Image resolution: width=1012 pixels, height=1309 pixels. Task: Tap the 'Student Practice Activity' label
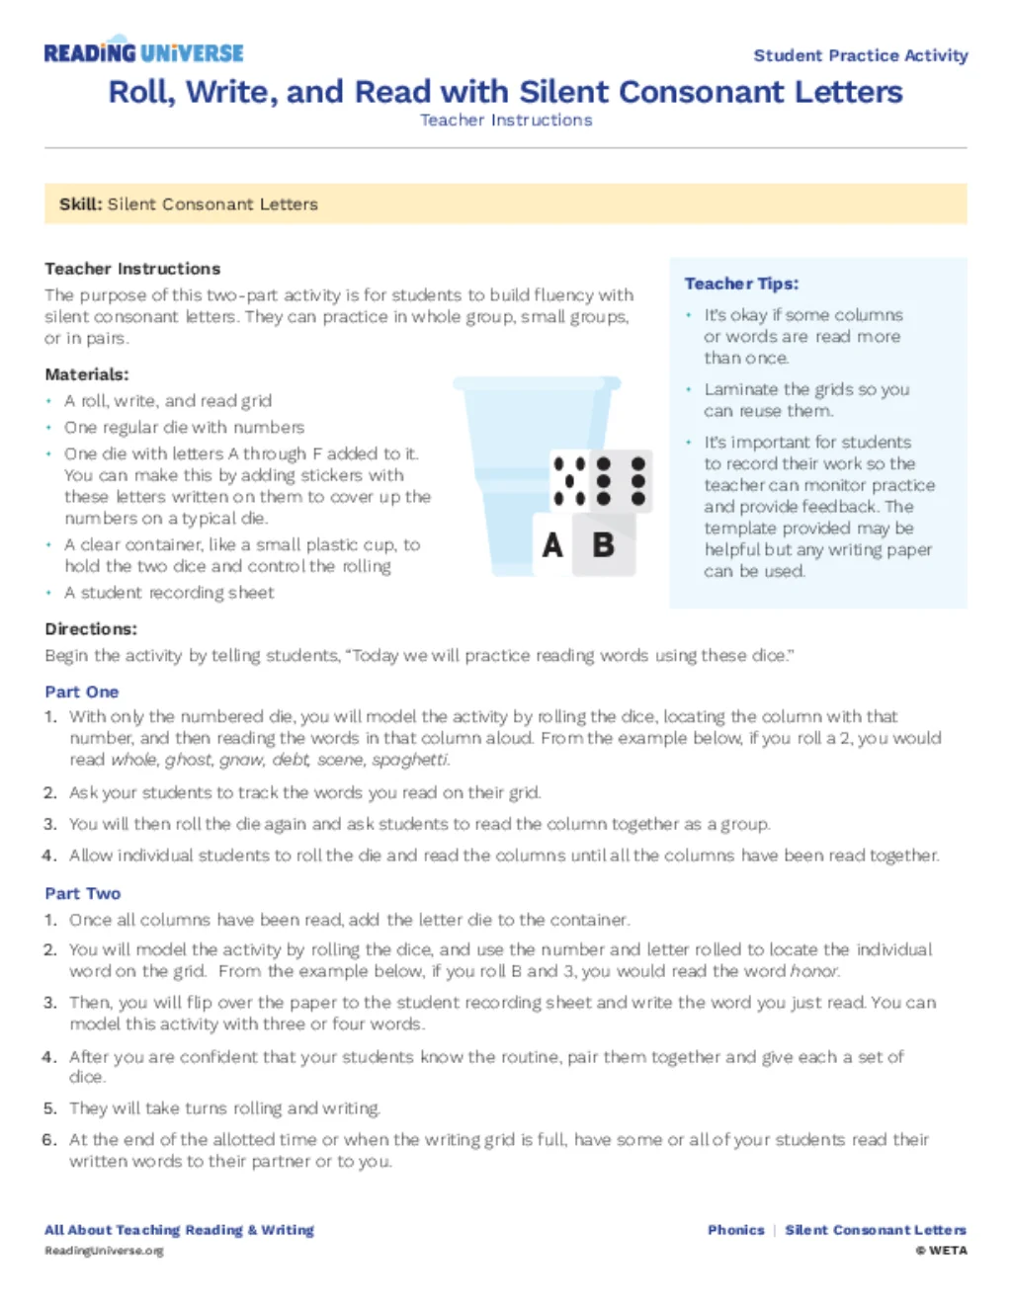coord(860,55)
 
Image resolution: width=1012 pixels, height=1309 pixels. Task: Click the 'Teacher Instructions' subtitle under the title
coord(506,121)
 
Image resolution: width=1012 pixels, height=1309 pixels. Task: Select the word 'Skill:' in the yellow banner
coord(80,205)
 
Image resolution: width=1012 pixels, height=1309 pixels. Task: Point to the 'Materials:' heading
coord(87,374)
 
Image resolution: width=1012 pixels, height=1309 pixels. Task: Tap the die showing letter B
coord(605,544)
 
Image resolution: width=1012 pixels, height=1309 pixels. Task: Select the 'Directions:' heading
coord(91,629)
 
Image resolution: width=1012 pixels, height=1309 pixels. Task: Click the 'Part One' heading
coord(82,693)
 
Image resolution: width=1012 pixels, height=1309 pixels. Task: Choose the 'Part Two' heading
coord(83,894)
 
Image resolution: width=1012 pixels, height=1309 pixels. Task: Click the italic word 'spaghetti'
coord(410,760)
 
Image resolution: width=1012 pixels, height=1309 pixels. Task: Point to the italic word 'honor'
coord(815,971)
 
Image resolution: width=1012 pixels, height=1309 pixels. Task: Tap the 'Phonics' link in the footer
coord(736,1230)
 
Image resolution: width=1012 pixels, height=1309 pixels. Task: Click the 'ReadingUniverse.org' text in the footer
coord(104,1251)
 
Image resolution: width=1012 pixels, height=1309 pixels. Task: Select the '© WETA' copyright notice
coord(941,1251)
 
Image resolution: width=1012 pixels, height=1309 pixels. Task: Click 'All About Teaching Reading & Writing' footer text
coord(179,1230)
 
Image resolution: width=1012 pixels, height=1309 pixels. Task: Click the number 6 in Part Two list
coord(49,1140)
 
